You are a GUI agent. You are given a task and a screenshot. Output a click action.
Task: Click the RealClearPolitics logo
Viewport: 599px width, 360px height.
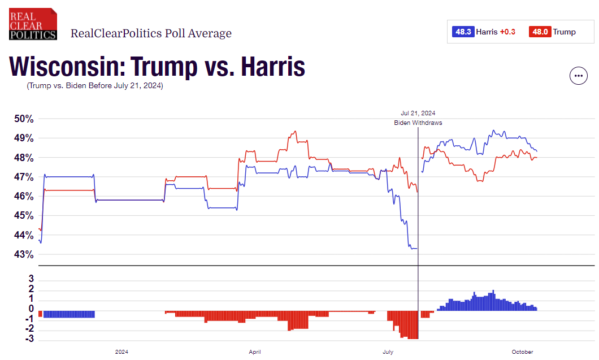coord(33,24)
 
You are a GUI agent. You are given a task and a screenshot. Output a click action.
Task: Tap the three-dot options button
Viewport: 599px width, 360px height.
coord(578,75)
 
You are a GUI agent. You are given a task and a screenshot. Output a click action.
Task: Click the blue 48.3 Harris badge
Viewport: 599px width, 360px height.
coord(462,32)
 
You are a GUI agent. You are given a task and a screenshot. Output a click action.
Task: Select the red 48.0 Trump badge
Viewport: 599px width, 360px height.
coord(539,32)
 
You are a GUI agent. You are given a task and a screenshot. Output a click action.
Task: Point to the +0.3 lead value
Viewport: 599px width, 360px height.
coord(507,32)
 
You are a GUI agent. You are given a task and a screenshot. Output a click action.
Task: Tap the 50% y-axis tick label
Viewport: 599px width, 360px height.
coord(24,119)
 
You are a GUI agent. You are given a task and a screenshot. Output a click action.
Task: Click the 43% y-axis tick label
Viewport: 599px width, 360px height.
coord(24,254)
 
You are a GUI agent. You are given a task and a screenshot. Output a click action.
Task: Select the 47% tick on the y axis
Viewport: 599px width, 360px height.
coord(24,177)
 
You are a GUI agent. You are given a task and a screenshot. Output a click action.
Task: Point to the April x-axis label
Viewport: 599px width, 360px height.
coord(255,352)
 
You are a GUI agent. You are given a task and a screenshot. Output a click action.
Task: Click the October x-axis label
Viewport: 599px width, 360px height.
coord(522,352)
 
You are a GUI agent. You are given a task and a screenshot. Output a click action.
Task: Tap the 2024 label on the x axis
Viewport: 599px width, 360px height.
coord(121,352)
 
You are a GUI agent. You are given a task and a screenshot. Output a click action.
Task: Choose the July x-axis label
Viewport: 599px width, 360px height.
coord(388,352)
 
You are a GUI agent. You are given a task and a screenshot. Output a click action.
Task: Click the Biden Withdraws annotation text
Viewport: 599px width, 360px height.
coord(418,123)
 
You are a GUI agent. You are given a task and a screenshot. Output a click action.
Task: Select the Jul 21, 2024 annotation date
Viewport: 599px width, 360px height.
coord(418,113)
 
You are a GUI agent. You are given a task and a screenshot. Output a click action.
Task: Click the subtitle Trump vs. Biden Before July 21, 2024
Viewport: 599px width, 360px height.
coord(94,86)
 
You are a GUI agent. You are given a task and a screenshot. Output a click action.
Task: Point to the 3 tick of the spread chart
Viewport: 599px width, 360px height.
coord(31,279)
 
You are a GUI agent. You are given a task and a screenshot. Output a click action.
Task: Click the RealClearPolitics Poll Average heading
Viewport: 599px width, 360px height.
coord(151,33)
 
